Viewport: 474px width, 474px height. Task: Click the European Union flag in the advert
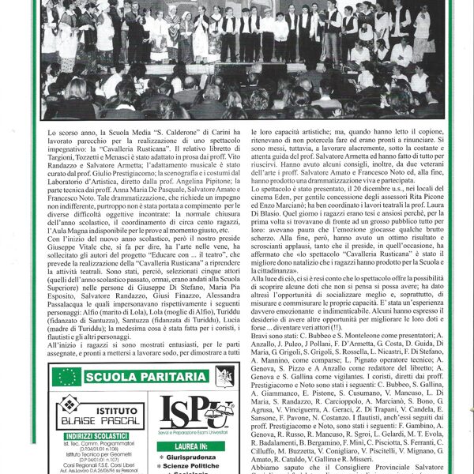pyautogui.click(x=67, y=377)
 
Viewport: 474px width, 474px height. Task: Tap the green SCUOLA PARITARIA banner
pyautogui.click(x=149, y=377)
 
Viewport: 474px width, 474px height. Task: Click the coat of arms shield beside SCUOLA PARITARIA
pyautogui.click(x=225, y=377)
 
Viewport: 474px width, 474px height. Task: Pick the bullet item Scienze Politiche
pyautogui.click(x=197, y=468)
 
